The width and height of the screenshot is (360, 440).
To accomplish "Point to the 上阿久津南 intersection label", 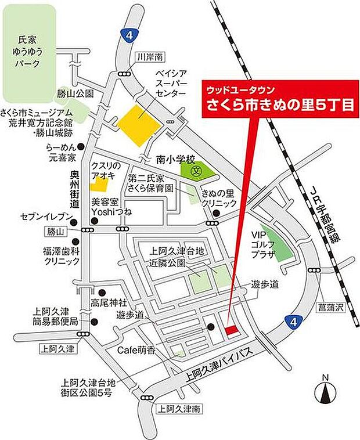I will pyautogui.click(x=179, y=409).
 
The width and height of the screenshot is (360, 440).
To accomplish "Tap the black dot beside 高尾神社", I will pyautogui.click(x=102, y=293).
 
